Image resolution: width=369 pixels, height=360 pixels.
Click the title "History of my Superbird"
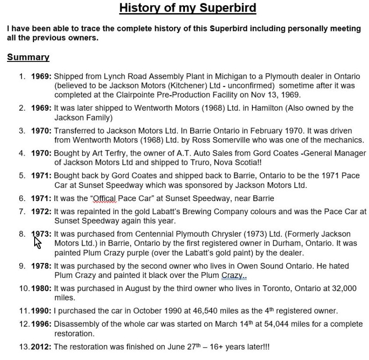point(187,8)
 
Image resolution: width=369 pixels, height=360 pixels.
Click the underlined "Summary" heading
point(28,57)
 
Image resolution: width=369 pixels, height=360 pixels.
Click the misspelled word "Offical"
point(104,198)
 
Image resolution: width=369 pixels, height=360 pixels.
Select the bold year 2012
point(41,347)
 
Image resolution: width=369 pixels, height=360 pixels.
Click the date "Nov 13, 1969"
point(275,94)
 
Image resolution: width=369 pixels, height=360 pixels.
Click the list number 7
point(22,211)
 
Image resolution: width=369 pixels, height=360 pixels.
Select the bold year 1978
point(41,266)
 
